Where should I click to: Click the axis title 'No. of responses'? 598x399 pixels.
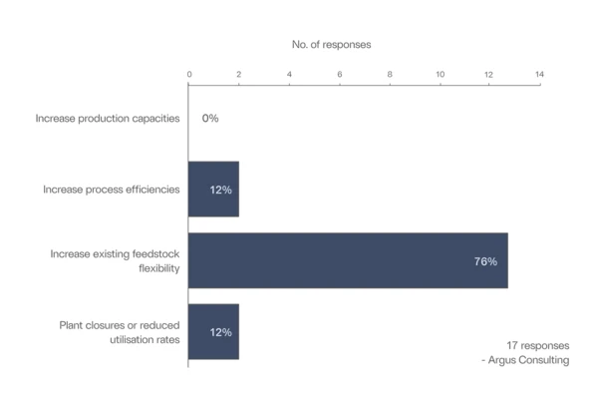point(331,45)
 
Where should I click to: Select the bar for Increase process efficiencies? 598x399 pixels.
point(213,190)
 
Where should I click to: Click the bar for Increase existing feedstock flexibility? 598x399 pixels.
point(348,260)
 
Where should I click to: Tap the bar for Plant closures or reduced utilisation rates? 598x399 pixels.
point(213,332)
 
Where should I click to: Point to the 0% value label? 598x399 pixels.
point(209,118)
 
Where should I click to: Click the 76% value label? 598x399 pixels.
point(485,261)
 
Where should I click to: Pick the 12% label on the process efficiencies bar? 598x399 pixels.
point(220,190)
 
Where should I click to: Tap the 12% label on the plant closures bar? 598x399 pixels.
point(220,332)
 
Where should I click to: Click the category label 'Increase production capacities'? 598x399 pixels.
point(108,118)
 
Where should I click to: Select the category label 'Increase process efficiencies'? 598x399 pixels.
point(112,190)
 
